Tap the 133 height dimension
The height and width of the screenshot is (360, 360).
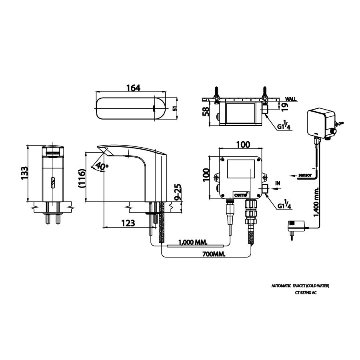(24, 173)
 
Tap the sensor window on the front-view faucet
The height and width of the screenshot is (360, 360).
(52, 183)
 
